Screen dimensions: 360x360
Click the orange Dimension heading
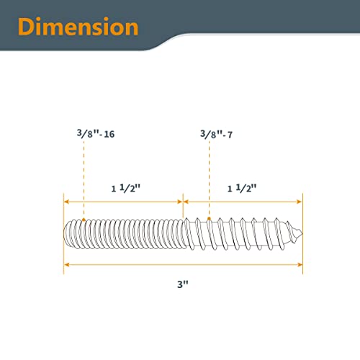[x=78, y=27]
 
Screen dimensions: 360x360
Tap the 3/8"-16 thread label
[x=96, y=133]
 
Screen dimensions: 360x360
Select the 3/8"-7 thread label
[x=217, y=134]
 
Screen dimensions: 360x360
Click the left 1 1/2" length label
[x=126, y=188]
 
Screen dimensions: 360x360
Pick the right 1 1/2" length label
[x=242, y=188]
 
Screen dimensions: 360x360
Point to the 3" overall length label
[x=183, y=284]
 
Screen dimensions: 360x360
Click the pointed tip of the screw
[x=302, y=233]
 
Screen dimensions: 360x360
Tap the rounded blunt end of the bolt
[x=65, y=233]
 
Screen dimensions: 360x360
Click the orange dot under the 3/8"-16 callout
[x=84, y=220]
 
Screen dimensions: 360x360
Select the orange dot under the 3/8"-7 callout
[x=209, y=218]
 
